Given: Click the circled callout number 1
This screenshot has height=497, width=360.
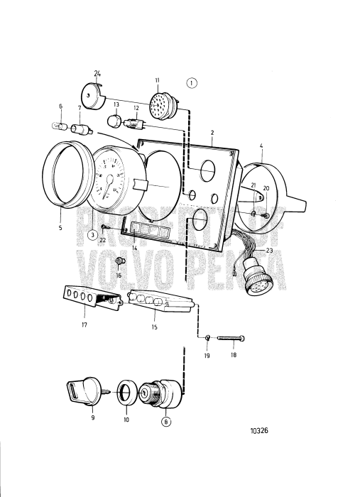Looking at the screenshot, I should (192, 82).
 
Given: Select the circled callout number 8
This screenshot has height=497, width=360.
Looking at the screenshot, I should (165, 420).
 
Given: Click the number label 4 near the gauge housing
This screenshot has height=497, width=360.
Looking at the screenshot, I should (261, 146).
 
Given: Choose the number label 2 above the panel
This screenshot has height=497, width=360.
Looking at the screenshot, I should (212, 133).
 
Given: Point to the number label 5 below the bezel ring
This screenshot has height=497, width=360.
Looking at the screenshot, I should (60, 229).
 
